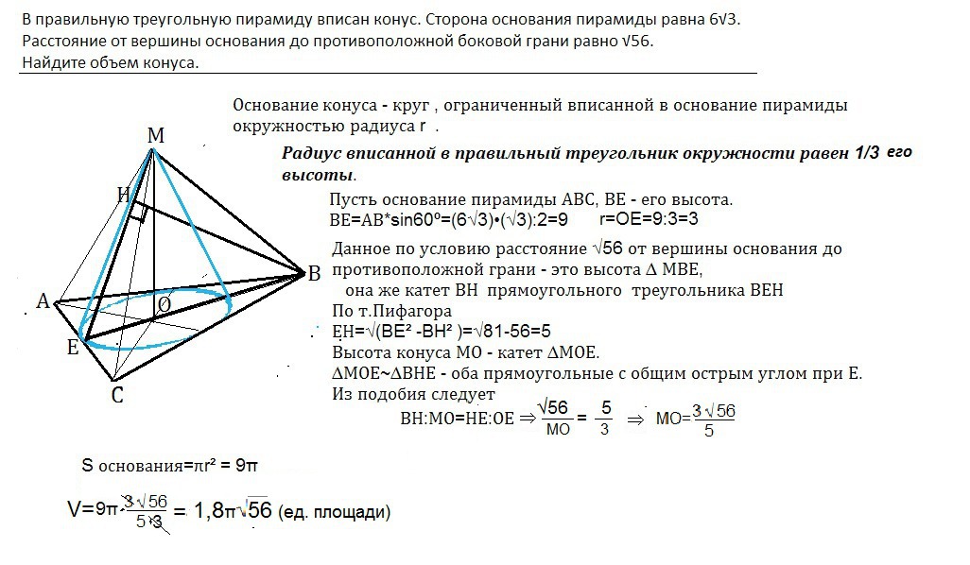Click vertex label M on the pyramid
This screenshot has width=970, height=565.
pyautogui.click(x=156, y=135)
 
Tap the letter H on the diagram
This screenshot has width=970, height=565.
pyautogui.click(x=124, y=195)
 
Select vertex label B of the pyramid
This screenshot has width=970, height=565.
pyautogui.click(x=314, y=274)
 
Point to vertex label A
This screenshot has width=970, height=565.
pyautogui.click(x=43, y=301)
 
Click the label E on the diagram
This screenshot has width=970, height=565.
pyautogui.click(x=72, y=348)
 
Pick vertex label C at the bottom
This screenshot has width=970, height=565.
pyautogui.click(x=117, y=395)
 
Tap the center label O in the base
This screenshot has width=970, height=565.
pyautogui.click(x=164, y=304)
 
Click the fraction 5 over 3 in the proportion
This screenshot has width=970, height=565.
pyautogui.click(x=606, y=417)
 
